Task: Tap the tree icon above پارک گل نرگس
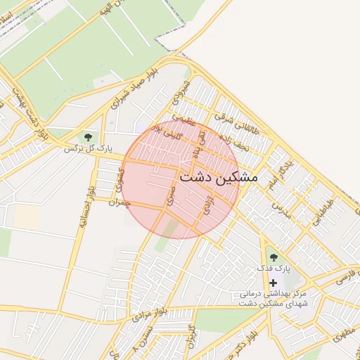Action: pyautogui.click(x=88, y=137)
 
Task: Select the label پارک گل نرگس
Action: pyautogui.click(x=88, y=148)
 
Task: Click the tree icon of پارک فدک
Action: pyautogui.click(x=273, y=257)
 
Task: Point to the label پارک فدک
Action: pyautogui.click(x=273, y=269)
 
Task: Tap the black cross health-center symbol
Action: pyautogui.click(x=273, y=282)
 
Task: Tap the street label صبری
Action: pyautogui.click(x=170, y=196)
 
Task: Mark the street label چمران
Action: pyautogui.click(x=120, y=201)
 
